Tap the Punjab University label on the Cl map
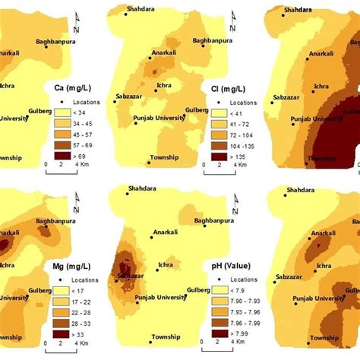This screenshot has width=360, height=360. point(158,121)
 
